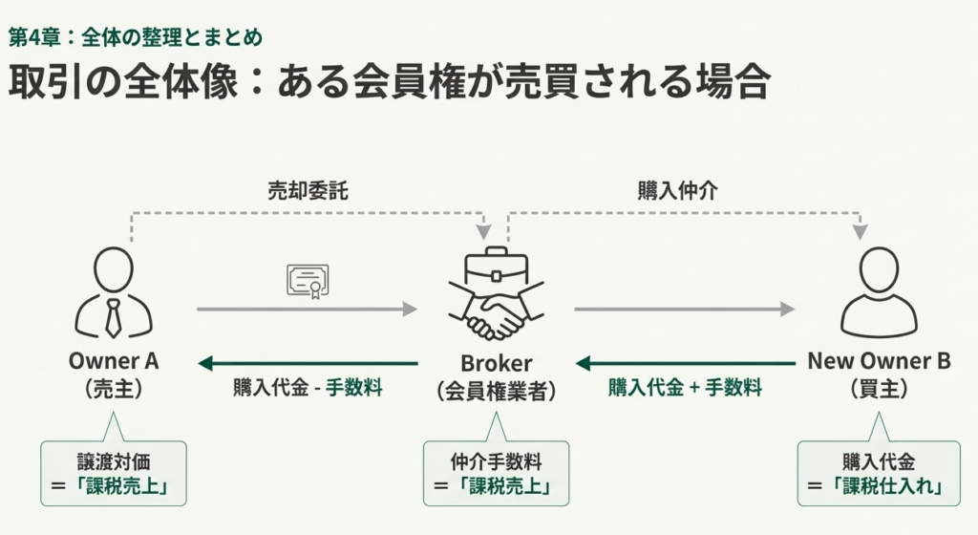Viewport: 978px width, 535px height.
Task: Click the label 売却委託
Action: click(x=308, y=190)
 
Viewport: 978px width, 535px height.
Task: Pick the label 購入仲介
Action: click(x=678, y=190)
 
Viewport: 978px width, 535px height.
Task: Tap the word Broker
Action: click(x=496, y=363)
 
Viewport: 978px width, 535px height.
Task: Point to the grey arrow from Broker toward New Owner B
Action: click(x=685, y=309)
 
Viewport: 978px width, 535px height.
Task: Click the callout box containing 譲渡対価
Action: click(x=114, y=472)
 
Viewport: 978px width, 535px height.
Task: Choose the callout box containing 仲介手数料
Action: click(x=496, y=472)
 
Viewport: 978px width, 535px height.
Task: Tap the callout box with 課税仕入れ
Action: click(x=879, y=472)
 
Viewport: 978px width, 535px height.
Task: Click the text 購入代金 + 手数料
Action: click(x=685, y=388)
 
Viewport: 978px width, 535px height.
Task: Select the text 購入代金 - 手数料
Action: click(x=308, y=388)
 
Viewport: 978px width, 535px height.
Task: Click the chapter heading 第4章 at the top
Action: click(x=135, y=37)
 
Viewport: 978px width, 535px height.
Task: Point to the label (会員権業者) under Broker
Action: click(x=496, y=390)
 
